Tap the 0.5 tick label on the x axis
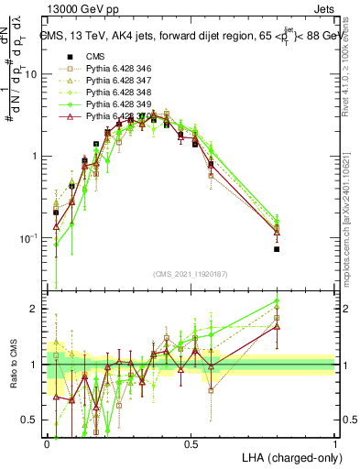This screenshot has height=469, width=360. coord(191,442)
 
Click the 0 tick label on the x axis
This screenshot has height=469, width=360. coord(48,442)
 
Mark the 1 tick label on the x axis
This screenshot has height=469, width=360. coord(335,442)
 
